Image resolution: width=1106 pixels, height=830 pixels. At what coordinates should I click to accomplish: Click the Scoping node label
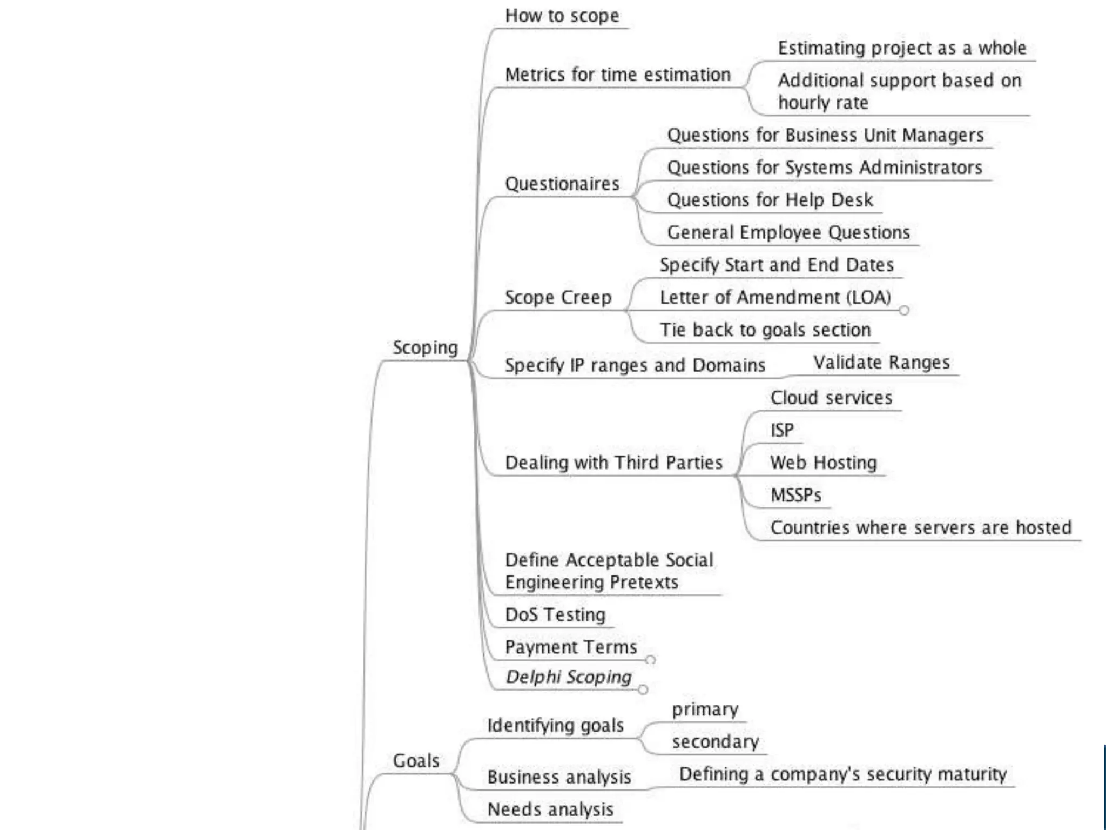pos(425,347)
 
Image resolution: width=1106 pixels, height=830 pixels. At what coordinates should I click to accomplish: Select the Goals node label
pos(416,760)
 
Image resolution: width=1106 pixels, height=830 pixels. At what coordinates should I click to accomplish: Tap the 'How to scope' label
pos(562,16)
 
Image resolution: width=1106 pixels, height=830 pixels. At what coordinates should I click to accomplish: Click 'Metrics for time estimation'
pos(618,75)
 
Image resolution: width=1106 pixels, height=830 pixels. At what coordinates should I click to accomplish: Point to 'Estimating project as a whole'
pos(902,48)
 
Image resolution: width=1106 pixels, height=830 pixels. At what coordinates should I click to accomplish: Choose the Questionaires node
pos(562,184)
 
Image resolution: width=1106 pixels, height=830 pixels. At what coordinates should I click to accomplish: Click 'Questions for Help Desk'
pos(770,200)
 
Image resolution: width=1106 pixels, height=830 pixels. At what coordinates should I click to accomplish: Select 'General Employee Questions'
pos(788,232)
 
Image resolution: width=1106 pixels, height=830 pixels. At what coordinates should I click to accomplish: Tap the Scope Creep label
pos(558,297)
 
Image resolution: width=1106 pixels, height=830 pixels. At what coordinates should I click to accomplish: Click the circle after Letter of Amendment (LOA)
pos(904,310)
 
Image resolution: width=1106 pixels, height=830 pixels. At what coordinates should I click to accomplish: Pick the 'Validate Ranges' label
pos(881,362)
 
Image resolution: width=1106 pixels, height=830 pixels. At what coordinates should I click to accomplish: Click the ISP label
pos(782,430)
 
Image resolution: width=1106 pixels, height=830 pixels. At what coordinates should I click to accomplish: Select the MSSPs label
pos(796,495)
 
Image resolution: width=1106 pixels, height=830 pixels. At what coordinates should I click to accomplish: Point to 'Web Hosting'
pos(824,463)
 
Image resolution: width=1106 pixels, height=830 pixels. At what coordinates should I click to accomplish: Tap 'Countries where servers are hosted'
pos(921,527)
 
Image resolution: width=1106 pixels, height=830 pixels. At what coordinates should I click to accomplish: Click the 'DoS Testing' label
pos(555,614)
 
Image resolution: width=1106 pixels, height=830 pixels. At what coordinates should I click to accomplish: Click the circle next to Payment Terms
pos(651,660)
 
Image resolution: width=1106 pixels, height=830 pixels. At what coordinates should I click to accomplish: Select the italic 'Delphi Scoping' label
pos(569,677)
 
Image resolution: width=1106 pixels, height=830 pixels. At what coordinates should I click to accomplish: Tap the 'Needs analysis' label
pos(550,809)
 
